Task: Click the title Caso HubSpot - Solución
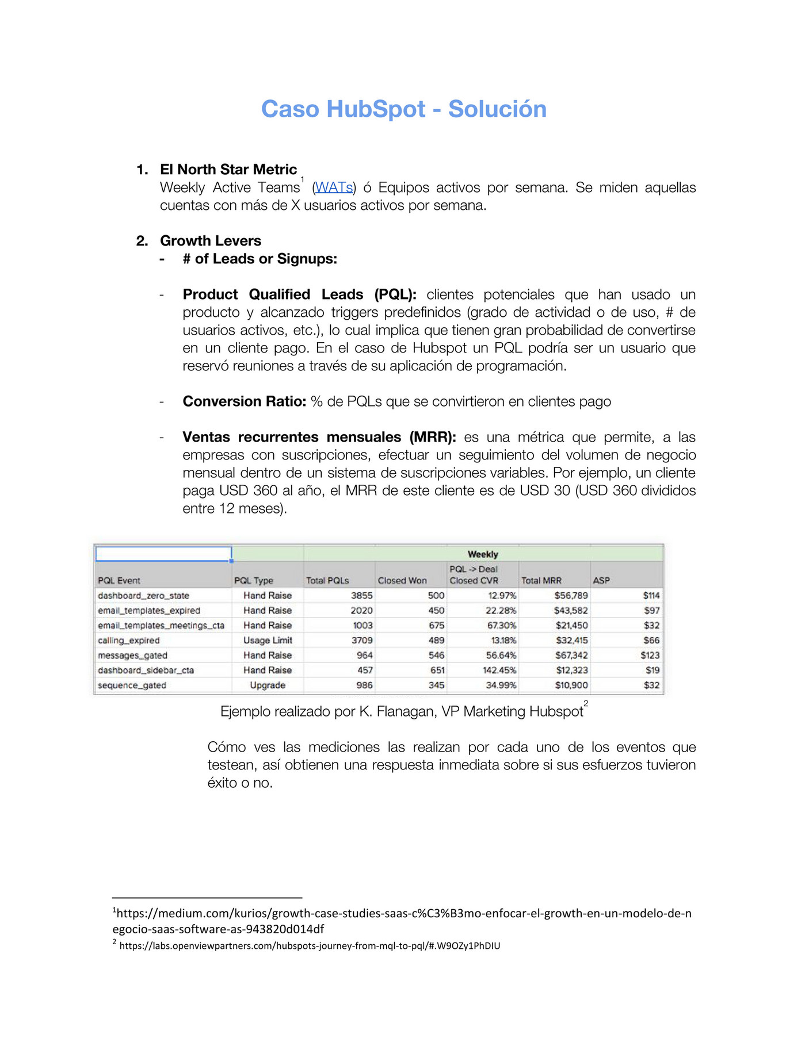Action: tap(404, 109)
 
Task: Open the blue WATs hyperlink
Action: tap(334, 187)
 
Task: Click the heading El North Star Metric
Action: tap(228, 170)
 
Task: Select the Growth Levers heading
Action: tap(210, 241)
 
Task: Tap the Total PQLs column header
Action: tap(327, 581)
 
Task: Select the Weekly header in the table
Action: tap(482, 554)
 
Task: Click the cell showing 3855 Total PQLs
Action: tap(362, 596)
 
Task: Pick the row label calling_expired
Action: tap(129, 641)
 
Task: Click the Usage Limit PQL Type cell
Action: tap(268, 641)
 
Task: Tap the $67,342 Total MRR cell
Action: tap(571, 656)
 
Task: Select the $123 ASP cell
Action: tap(650, 656)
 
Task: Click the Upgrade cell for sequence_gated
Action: tap(268, 685)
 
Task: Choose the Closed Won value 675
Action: tap(436, 626)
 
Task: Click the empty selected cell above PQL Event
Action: tap(163, 554)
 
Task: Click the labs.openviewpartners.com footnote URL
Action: tap(310, 945)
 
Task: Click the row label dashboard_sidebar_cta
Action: tap(146, 670)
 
